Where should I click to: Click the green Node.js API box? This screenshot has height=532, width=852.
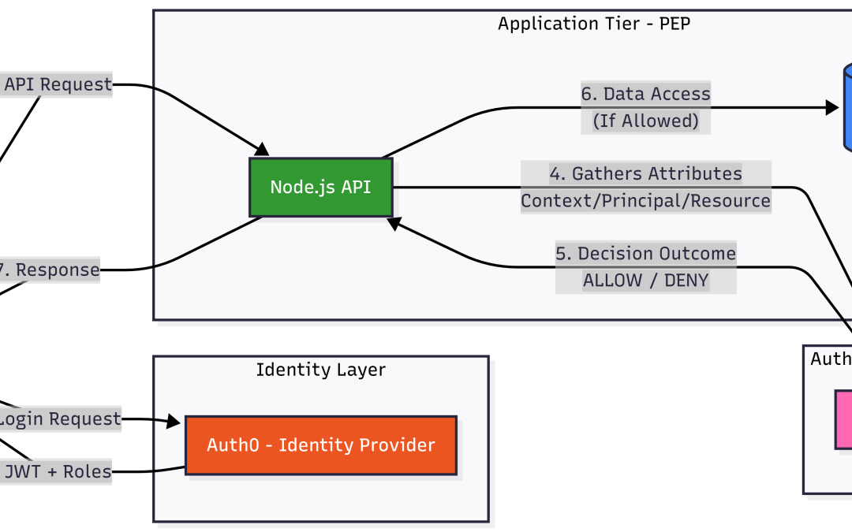320,188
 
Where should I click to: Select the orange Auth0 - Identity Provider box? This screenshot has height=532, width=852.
320,445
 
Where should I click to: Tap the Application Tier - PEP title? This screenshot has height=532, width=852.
594,23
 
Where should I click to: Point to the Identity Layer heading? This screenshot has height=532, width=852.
320,369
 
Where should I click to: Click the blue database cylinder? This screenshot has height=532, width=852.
847,107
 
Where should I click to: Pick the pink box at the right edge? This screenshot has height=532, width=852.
844,419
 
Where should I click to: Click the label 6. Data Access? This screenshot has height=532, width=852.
645,94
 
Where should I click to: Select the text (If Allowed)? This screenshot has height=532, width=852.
645,121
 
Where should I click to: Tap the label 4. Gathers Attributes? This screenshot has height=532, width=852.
645,173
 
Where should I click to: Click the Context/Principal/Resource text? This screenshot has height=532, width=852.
645,201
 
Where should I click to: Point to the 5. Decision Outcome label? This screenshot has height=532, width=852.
645,254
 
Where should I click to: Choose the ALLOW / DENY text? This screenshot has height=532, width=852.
645,281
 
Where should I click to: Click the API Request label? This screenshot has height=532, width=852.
58,84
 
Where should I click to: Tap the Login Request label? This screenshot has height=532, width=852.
60,419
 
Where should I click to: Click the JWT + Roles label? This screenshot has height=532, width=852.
58,473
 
